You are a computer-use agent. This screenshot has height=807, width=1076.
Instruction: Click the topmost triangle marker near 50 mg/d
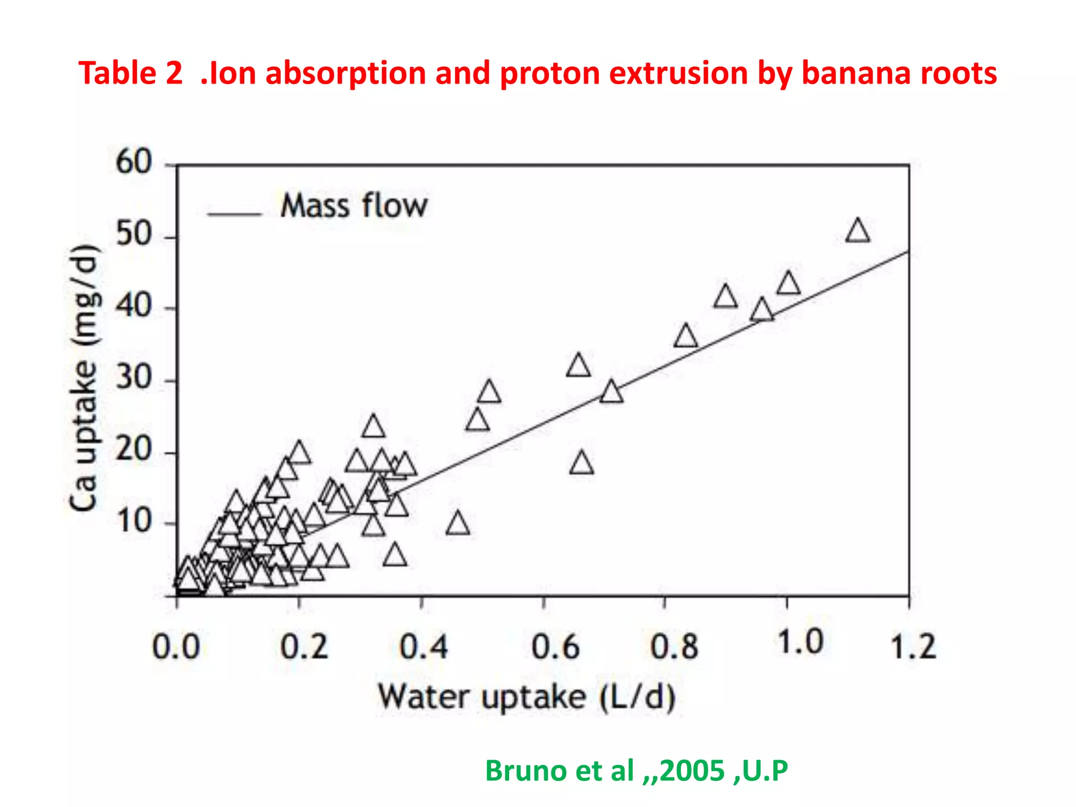(x=857, y=232)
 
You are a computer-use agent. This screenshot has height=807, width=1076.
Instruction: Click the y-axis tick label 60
(x=134, y=161)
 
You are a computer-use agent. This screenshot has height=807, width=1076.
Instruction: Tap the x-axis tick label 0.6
(x=555, y=647)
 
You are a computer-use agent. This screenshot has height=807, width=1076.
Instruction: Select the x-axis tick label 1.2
(x=913, y=647)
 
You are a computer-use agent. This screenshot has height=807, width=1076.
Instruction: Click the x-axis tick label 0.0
(x=176, y=647)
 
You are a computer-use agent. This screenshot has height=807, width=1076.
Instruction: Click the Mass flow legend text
(x=354, y=205)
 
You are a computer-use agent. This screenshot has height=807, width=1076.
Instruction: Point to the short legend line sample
(x=234, y=214)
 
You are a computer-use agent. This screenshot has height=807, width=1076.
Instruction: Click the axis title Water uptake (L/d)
(x=526, y=698)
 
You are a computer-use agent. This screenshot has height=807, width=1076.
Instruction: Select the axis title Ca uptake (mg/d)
(x=84, y=377)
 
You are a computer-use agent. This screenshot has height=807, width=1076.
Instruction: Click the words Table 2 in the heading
(x=130, y=73)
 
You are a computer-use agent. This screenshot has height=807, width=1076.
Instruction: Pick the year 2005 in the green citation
(x=692, y=771)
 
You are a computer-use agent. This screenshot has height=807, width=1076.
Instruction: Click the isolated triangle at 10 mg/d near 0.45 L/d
(x=458, y=524)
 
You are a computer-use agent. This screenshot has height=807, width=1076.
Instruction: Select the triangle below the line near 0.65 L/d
(x=581, y=464)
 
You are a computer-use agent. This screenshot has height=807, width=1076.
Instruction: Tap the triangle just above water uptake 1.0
(x=788, y=284)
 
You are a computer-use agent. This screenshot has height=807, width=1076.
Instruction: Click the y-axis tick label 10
(x=134, y=521)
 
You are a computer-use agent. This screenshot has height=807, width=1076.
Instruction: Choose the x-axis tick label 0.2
(x=304, y=647)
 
